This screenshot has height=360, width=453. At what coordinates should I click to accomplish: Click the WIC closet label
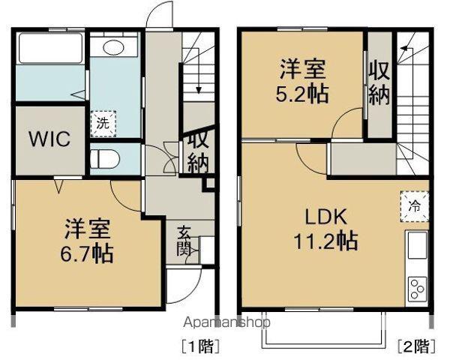pyautogui.click(x=49, y=140)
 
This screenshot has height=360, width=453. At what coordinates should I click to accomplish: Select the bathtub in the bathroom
pyautogui.click(x=48, y=50)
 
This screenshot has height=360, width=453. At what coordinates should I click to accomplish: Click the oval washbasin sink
pyautogui.click(x=114, y=48)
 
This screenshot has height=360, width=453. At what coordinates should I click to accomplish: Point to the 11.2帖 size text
pyautogui.click(x=325, y=241)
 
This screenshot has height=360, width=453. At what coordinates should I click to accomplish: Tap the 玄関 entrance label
pyautogui.click(x=184, y=241)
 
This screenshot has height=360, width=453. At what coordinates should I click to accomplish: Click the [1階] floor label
pyautogui.click(x=193, y=346)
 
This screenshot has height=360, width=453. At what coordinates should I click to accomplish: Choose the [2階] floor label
pyautogui.click(x=414, y=346)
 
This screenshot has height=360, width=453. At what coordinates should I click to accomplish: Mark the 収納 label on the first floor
pyautogui.click(x=196, y=153)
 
